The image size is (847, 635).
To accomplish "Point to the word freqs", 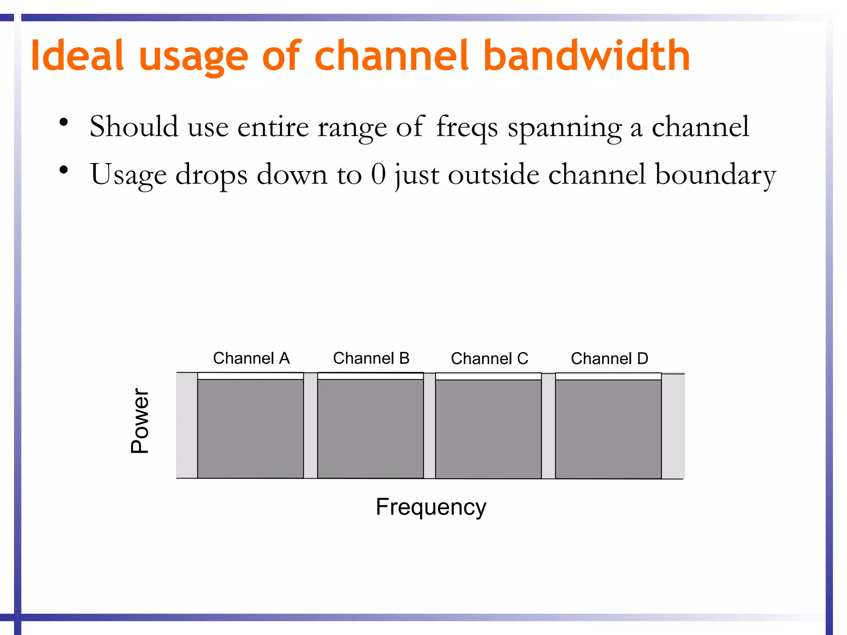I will click(467, 127).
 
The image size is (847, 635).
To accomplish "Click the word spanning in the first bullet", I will click(565, 127).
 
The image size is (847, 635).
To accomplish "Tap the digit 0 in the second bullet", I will click(378, 174).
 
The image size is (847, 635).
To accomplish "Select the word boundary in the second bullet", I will click(715, 174).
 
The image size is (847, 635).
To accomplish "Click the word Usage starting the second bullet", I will click(128, 175).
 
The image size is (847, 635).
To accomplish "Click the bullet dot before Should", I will click(63, 122).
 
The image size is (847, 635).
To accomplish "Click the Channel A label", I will click(251, 358).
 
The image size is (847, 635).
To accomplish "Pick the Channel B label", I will click(371, 358).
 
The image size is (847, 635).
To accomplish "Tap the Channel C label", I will click(489, 358).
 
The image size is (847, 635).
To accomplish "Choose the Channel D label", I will click(609, 358).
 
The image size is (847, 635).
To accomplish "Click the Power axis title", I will click(139, 421).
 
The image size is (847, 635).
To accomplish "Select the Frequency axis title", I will click(431, 507).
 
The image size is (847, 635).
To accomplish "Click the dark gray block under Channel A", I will click(251, 429).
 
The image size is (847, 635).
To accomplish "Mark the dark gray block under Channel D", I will click(608, 429).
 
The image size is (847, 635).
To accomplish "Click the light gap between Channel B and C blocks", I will click(429, 426).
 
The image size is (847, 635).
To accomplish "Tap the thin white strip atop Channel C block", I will click(488, 376).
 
